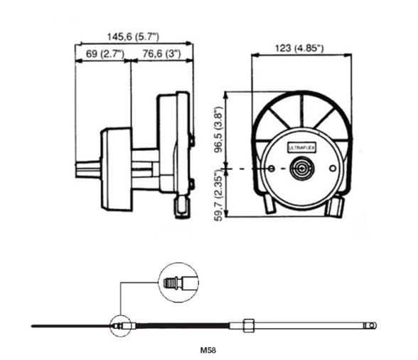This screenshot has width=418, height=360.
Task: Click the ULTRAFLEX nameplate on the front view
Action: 304,147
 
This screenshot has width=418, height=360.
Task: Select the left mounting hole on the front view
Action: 274,169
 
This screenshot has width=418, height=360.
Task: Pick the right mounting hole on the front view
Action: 331,169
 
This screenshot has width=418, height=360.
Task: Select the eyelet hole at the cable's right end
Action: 372,326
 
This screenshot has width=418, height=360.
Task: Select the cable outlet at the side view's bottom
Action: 181,208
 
